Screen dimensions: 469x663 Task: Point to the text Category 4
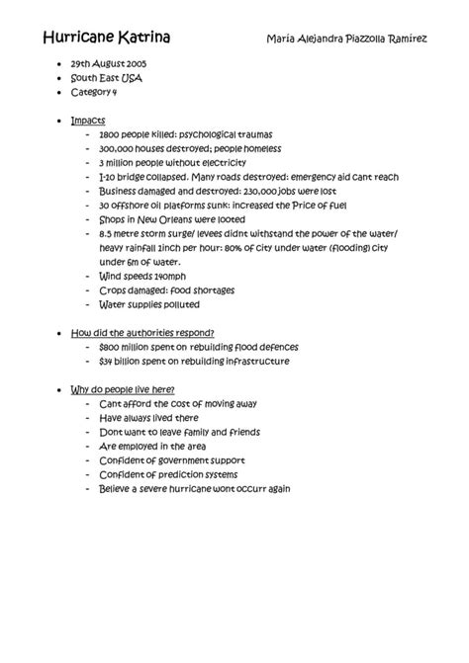click(x=94, y=92)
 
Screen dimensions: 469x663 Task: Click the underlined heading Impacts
click(x=88, y=120)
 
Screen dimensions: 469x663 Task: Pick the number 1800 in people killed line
click(x=110, y=134)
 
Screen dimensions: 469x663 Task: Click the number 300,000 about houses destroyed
click(x=117, y=148)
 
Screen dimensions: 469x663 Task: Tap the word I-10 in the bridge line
click(x=107, y=177)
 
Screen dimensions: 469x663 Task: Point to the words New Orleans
click(x=163, y=219)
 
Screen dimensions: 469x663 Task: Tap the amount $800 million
click(x=127, y=348)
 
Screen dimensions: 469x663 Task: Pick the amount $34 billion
click(x=123, y=362)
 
